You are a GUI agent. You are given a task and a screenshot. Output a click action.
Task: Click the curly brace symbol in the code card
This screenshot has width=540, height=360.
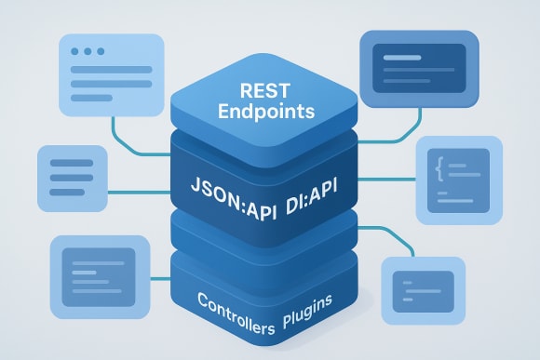pos(439,167)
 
